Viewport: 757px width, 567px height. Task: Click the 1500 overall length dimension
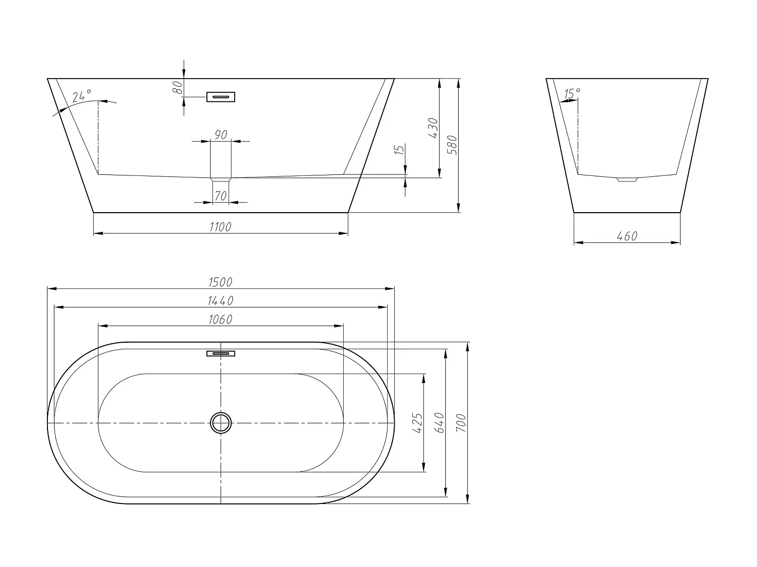tap(221, 282)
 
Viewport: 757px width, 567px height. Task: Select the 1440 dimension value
tap(221, 301)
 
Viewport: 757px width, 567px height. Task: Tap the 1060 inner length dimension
tap(221, 320)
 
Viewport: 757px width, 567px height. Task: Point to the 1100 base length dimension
tap(221, 227)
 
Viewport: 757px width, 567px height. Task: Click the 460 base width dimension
tap(627, 236)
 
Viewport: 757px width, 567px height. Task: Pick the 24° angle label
tap(81, 96)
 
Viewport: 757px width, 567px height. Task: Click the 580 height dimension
tap(452, 145)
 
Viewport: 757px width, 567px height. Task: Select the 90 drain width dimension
tap(221, 135)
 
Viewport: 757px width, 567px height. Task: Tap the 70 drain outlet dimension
tap(221, 196)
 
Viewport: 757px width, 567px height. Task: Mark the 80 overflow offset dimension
tap(177, 87)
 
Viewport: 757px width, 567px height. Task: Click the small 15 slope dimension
tap(399, 150)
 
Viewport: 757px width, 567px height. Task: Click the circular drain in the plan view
tap(221, 423)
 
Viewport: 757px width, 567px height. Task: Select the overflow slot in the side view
tap(221, 97)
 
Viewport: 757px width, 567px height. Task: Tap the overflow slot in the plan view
tap(221, 353)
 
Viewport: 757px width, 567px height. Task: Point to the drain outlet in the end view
tap(627, 179)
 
